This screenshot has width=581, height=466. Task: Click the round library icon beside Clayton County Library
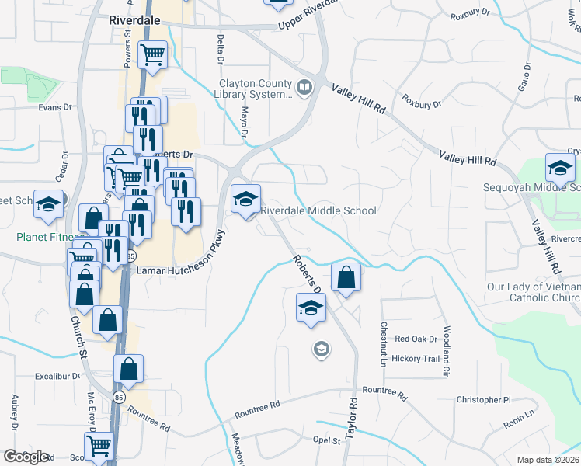click(x=304, y=86)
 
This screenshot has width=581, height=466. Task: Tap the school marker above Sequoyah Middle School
click(x=560, y=168)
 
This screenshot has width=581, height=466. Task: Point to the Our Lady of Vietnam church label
click(x=534, y=292)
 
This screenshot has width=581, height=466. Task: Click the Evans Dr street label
click(x=55, y=107)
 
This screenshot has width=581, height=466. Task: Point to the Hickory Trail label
click(x=416, y=358)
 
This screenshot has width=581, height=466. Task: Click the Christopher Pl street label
click(x=484, y=400)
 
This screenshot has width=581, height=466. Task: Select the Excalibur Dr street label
click(x=57, y=376)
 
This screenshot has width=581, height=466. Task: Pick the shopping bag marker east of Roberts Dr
click(x=346, y=278)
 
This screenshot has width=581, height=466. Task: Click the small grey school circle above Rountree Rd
click(x=320, y=350)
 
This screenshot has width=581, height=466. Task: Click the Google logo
click(x=26, y=457)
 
